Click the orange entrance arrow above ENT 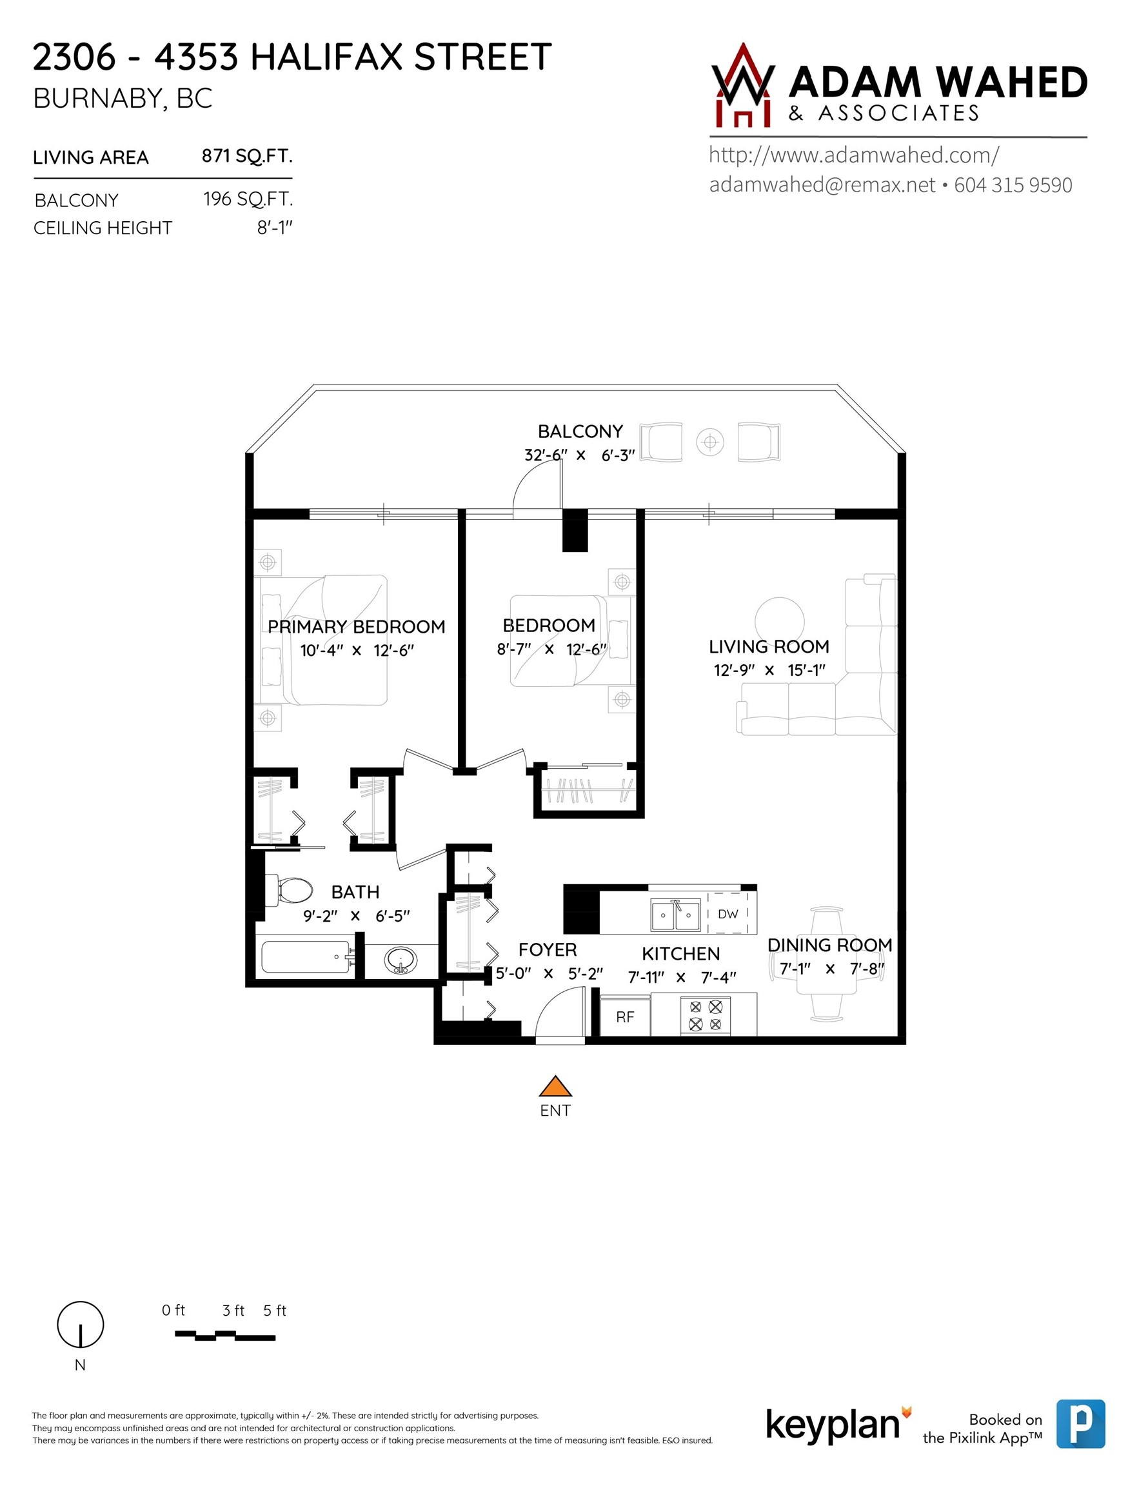coord(555,1087)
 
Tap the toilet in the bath coord(295,889)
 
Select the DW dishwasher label coord(727,914)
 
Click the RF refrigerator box coord(625,1016)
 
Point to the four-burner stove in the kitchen coord(705,1015)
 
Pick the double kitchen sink coord(675,915)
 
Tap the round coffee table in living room coord(779,619)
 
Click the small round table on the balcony coord(709,443)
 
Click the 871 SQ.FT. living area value coord(247,157)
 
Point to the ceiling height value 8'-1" coord(274,228)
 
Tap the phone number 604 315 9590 coord(1013,185)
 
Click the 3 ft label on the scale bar coord(233,1311)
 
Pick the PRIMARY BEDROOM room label coord(356,627)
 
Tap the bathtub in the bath coord(306,957)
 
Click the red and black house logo coord(742,88)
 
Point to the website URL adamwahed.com coord(853,155)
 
